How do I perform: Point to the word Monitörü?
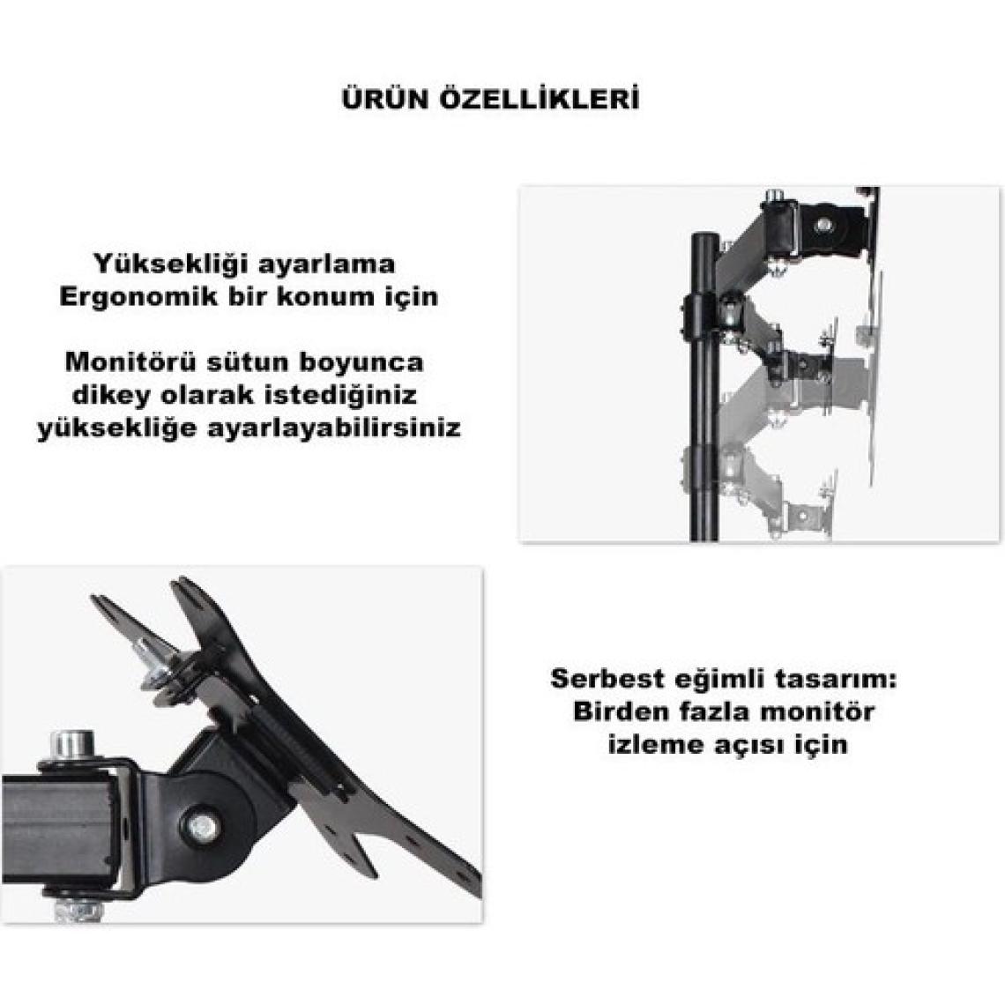(x=130, y=362)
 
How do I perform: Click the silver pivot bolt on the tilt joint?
(x=203, y=824)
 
